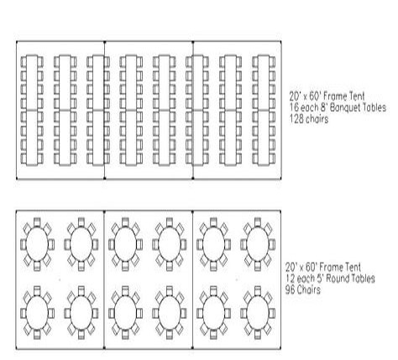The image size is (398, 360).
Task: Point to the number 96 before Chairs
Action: [290, 290]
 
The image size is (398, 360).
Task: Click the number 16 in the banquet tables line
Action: [294, 107]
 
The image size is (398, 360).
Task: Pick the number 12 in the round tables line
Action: [290, 279]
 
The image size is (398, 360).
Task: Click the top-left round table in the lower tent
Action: [37, 244]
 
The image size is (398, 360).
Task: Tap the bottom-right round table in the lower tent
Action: [258, 313]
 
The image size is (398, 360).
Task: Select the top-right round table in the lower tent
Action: [258, 244]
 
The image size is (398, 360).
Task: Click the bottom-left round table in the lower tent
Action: [37, 313]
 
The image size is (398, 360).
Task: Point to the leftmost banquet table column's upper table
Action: [32, 82]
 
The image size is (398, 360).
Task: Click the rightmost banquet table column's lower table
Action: [264, 138]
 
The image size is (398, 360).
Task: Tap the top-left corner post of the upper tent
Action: [17, 42]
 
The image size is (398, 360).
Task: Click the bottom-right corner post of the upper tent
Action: [280, 178]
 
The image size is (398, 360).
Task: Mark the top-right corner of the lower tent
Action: [280, 211]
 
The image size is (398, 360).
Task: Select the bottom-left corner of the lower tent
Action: [16, 348]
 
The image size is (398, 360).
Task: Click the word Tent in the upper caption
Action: [357, 97]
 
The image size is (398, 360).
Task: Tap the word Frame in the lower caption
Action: [331, 268]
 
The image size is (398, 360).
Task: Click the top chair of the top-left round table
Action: [37, 222]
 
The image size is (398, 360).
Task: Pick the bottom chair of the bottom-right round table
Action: [258, 335]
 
